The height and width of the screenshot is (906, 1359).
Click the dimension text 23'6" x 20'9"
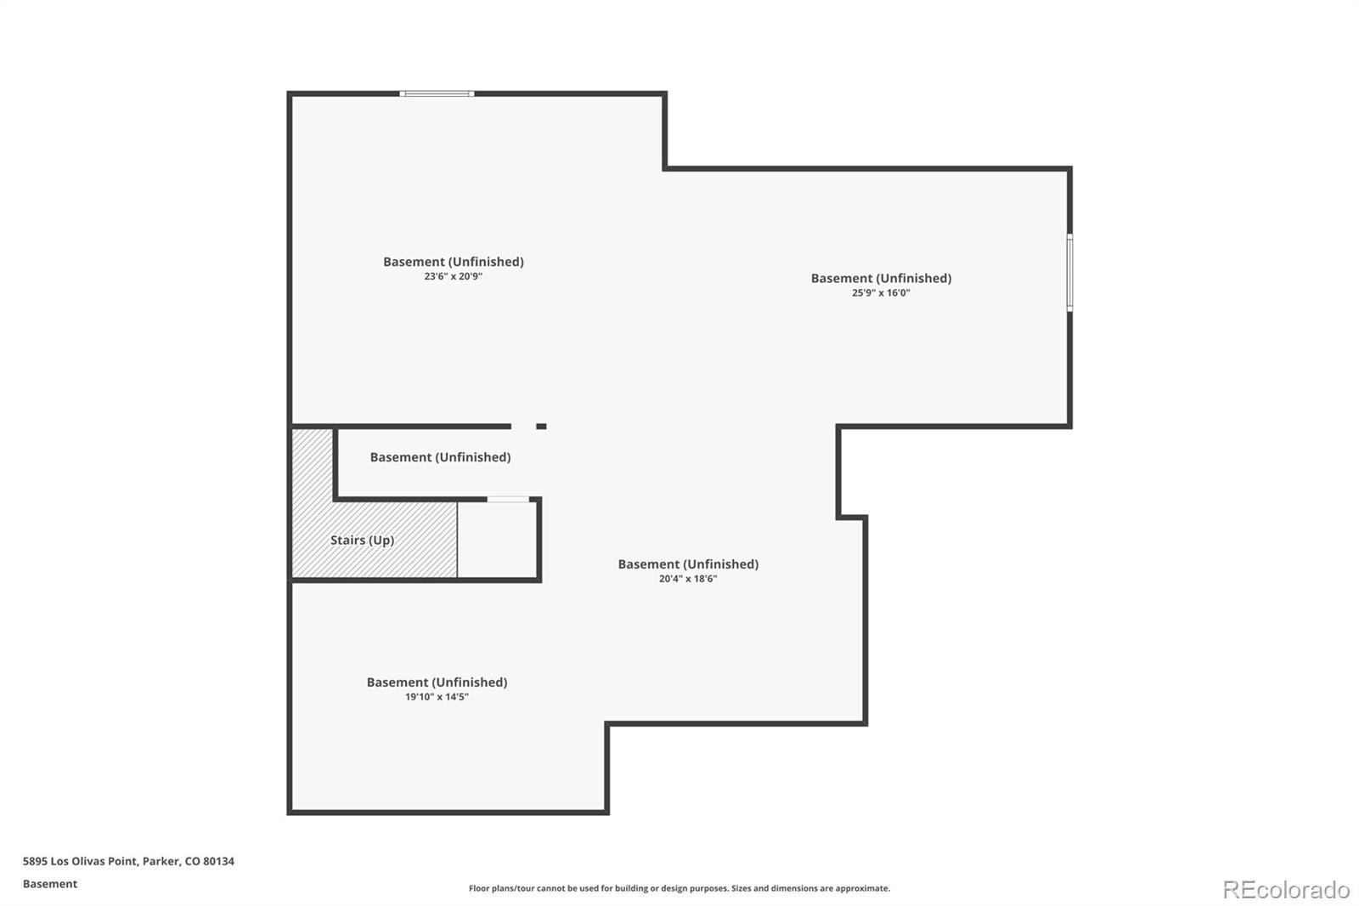pos(454,276)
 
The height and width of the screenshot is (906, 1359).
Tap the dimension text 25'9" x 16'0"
pos(881,292)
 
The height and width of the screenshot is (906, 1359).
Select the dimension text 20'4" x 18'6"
pos(688,579)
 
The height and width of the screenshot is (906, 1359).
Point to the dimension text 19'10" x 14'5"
pos(437,697)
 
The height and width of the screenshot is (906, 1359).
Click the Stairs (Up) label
pos(362,540)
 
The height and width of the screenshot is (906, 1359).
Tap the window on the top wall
pos(437,93)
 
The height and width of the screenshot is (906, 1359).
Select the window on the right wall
pos(1069,273)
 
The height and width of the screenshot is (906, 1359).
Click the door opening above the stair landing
pos(509,499)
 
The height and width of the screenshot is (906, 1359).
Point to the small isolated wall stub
pos(541,427)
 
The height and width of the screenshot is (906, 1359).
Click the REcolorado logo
pos(1286,890)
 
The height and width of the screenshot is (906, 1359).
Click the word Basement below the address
pos(50,884)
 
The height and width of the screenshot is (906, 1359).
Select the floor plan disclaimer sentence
pos(679,888)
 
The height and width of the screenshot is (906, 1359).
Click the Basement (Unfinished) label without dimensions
pos(441,457)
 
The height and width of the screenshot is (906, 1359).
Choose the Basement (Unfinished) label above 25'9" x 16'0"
pos(881,278)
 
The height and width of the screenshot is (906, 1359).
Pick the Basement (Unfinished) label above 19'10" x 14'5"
pos(437,682)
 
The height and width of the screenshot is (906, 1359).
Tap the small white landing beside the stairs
pos(497,540)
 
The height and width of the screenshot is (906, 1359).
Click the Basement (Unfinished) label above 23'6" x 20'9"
pos(454,262)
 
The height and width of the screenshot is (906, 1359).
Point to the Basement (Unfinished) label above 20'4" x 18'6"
pos(688,564)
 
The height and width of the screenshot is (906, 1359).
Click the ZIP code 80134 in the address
pos(218,861)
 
